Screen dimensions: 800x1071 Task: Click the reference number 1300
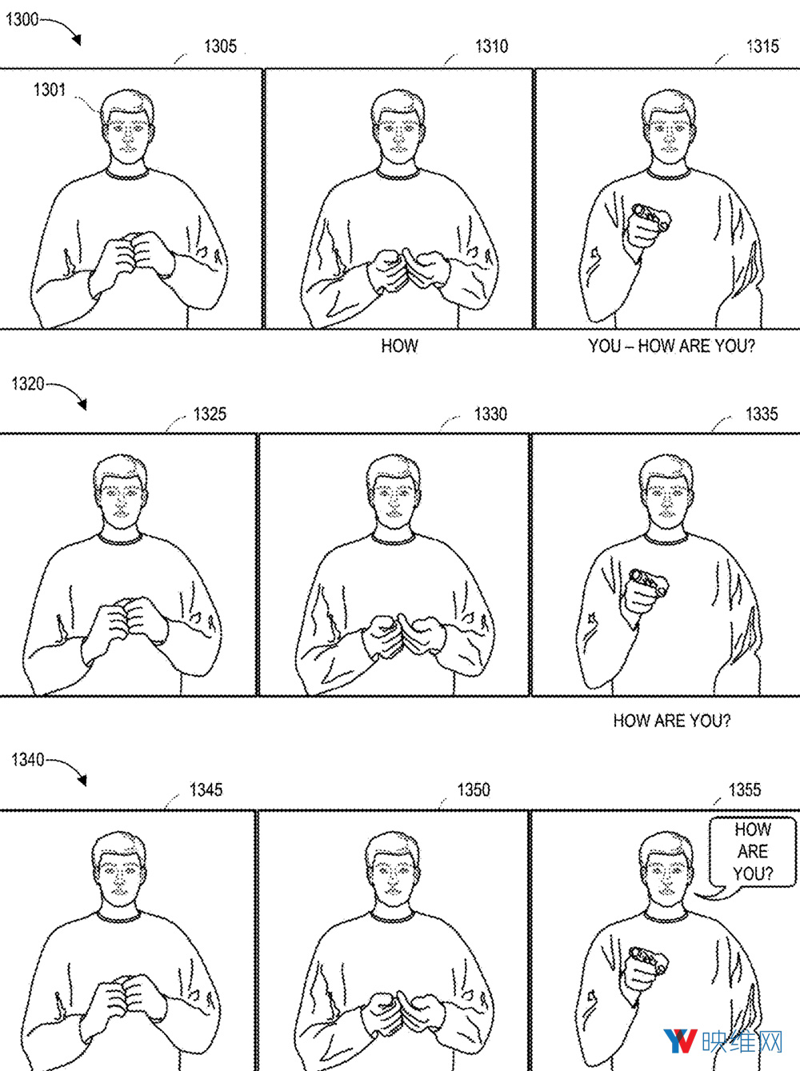click(22, 19)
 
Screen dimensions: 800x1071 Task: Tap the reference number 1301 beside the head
click(50, 90)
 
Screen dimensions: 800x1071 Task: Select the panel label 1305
click(220, 46)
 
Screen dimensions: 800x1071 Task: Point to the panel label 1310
click(492, 46)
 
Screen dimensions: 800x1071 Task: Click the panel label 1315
click(763, 46)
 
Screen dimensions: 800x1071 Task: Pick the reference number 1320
click(28, 383)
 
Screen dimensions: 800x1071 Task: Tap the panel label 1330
click(490, 414)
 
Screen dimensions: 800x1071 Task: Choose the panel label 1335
click(762, 414)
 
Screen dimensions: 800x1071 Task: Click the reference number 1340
click(28, 760)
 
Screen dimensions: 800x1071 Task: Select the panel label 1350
click(473, 790)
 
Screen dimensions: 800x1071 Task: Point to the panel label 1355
click(744, 790)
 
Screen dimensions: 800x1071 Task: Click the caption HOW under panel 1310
click(399, 346)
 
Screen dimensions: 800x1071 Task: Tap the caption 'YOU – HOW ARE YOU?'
click(671, 346)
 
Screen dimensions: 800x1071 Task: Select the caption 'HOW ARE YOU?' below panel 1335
click(672, 720)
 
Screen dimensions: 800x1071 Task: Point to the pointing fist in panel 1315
click(646, 228)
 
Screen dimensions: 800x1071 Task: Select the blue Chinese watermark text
click(742, 1041)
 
